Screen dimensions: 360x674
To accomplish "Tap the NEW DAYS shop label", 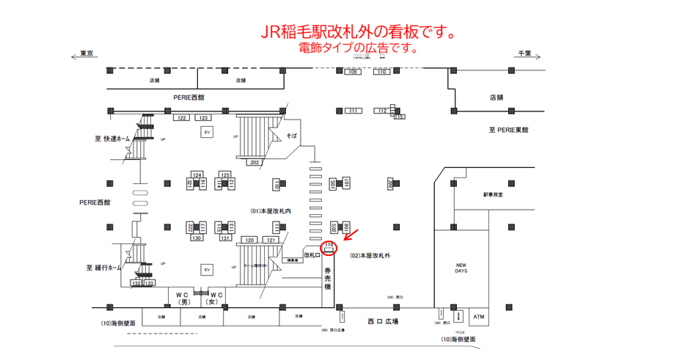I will coord(461,267).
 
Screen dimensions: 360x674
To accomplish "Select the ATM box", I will coord(479,317).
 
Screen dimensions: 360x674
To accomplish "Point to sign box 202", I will coord(255,162).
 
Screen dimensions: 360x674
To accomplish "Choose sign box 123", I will coord(203,117).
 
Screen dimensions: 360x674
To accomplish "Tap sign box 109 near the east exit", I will coord(353,72).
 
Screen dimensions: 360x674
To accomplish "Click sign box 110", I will coord(381,72).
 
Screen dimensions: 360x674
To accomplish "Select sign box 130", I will coord(197,238).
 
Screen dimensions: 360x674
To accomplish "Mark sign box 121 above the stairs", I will coord(271,240).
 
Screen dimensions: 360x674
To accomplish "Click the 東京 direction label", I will coord(87,53).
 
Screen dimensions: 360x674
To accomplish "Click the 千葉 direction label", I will coord(524,53).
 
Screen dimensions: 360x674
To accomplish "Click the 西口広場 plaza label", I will coord(382,321).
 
